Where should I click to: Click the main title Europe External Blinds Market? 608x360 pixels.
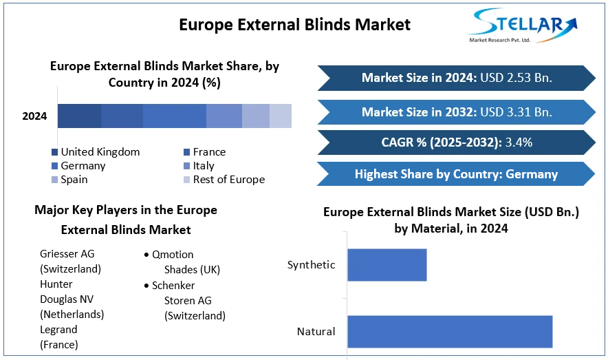click(x=294, y=25)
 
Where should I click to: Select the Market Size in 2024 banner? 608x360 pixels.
click(x=456, y=78)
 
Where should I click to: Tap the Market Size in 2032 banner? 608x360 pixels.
click(x=456, y=112)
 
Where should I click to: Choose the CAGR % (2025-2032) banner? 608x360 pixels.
click(x=456, y=142)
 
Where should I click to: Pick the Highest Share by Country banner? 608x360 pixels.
click(x=456, y=173)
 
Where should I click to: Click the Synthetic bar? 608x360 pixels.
click(x=387, y=265)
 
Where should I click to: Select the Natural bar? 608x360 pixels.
click(x=450, y=331)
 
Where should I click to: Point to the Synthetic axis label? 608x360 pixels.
click(x=311, y=265)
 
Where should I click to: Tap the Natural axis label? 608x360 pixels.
click(x=316, y=332)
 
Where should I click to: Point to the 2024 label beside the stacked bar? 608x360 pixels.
click(x=34, y=116)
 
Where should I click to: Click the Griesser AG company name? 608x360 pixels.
click(x=67, y=254)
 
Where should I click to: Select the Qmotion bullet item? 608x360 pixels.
click(x=173, y=255)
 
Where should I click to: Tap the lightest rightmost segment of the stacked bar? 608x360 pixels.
click(x=281, y=116)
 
